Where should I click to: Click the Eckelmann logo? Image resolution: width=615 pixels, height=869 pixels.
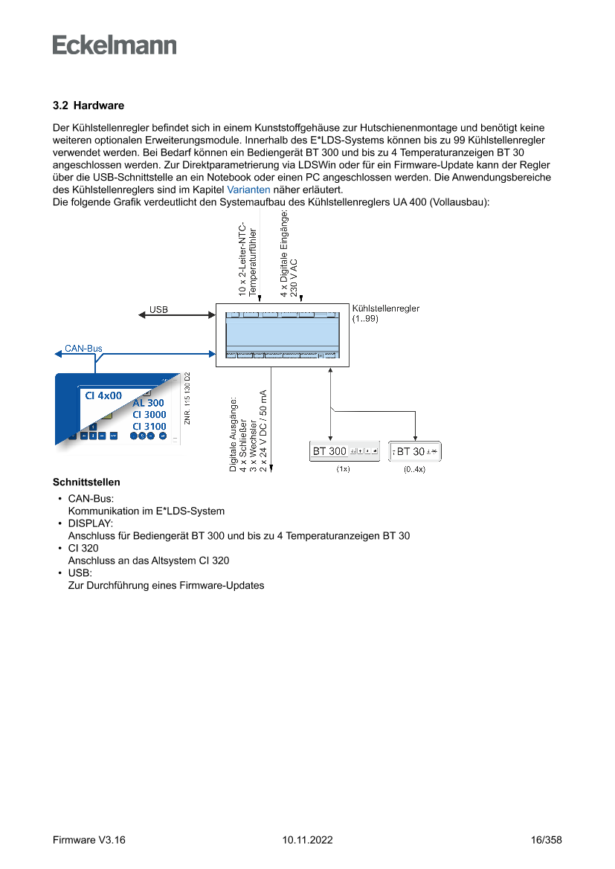pos(115,45)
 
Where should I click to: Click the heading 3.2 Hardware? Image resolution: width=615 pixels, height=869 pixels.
pos(88,106)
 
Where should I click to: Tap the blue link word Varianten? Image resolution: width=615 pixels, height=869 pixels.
pos(248,190)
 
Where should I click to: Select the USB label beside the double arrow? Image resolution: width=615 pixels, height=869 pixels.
pos(158,308)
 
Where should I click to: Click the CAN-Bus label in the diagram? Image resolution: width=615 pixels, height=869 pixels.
pos(83,348)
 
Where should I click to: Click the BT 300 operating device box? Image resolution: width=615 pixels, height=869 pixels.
pos(345,451)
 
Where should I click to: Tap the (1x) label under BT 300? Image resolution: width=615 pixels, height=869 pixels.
pos(343,470)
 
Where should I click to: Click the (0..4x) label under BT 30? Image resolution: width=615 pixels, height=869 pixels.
pos(414,470)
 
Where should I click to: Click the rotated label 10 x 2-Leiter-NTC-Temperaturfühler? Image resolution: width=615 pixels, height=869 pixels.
pos(247,260)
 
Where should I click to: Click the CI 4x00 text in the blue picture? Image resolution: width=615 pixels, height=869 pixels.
pos(103,395)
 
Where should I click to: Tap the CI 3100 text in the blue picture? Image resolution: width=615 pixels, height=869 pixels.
pos(149,426)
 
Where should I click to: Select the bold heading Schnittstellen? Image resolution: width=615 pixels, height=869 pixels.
pos(86,482)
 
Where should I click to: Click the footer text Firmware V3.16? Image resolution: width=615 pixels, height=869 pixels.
pos(88,840)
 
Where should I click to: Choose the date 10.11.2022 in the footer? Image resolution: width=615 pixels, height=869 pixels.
pos(307,840)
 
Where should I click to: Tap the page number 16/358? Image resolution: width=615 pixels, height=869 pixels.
pos(547,840)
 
